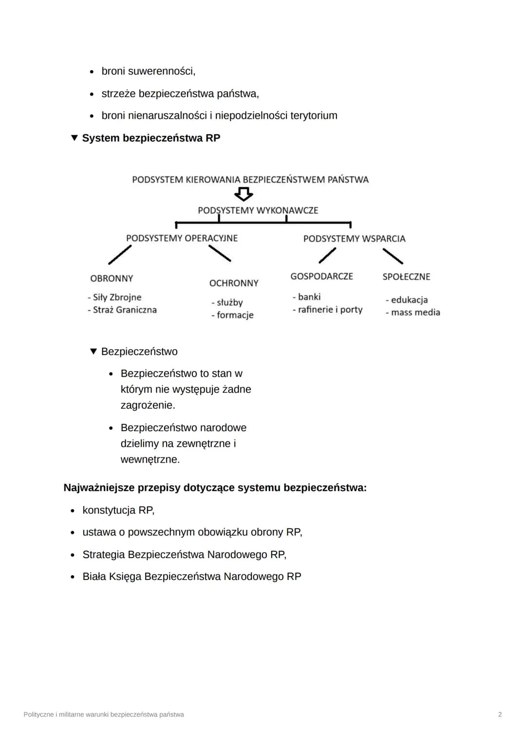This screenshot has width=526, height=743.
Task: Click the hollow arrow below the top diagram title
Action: (244, 195)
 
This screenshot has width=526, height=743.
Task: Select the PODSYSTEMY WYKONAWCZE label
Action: (258, 210)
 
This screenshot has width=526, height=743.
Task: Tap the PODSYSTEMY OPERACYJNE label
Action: (182, 238)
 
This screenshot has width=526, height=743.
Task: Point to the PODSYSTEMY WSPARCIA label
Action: (354, 238)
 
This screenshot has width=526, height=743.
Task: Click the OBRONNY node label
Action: (112, 278)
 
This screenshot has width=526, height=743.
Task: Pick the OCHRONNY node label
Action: (234, 283)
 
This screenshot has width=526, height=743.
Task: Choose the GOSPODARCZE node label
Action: (321, 276)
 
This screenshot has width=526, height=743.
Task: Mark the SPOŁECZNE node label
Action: (406, 277)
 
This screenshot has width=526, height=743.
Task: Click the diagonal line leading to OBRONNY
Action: (120, 254)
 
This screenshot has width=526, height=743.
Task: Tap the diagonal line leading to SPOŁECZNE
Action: (393, 256)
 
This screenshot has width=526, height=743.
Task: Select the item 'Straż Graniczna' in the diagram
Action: (125, 310)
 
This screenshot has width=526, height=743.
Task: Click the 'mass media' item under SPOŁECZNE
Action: (415, 312)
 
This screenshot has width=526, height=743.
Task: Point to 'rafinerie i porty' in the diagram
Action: (330, 309)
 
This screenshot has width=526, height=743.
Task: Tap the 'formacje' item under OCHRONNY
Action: (235, 315)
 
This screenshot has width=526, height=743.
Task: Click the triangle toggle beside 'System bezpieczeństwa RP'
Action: (74, 138)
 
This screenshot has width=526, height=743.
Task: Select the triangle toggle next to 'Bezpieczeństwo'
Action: (94, 351)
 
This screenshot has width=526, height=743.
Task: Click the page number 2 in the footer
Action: (500, 714)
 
